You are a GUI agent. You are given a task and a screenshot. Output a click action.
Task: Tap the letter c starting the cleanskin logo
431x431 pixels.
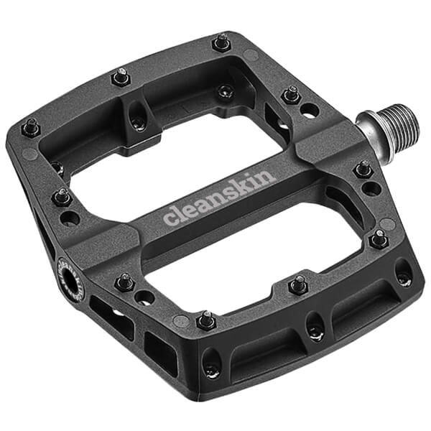(x=170, y=217)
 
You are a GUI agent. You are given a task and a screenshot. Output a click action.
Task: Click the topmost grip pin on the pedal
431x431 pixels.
(x=222, y=42)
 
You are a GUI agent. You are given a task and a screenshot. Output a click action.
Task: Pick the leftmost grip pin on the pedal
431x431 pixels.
(x=30, y=128)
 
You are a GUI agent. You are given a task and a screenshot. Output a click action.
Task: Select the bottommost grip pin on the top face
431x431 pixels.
(x=205, y=320)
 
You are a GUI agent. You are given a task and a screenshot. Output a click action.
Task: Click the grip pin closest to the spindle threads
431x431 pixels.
(x=292, y=94)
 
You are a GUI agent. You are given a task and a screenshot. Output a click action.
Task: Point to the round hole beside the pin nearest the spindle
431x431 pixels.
(x=310, y=110)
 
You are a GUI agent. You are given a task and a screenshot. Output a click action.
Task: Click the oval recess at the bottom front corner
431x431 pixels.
(x=211, y=362)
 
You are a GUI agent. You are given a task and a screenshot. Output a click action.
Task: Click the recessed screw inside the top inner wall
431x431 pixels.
(x=226, y=91)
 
